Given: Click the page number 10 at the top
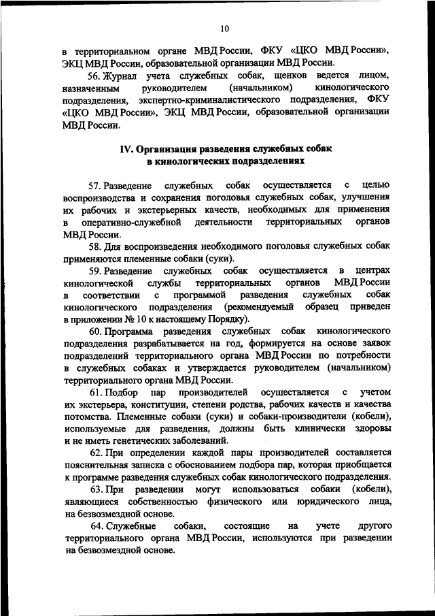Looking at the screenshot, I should [225, 28].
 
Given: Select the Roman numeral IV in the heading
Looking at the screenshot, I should [126, 149].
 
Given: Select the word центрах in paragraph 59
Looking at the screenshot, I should [373, 271].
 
